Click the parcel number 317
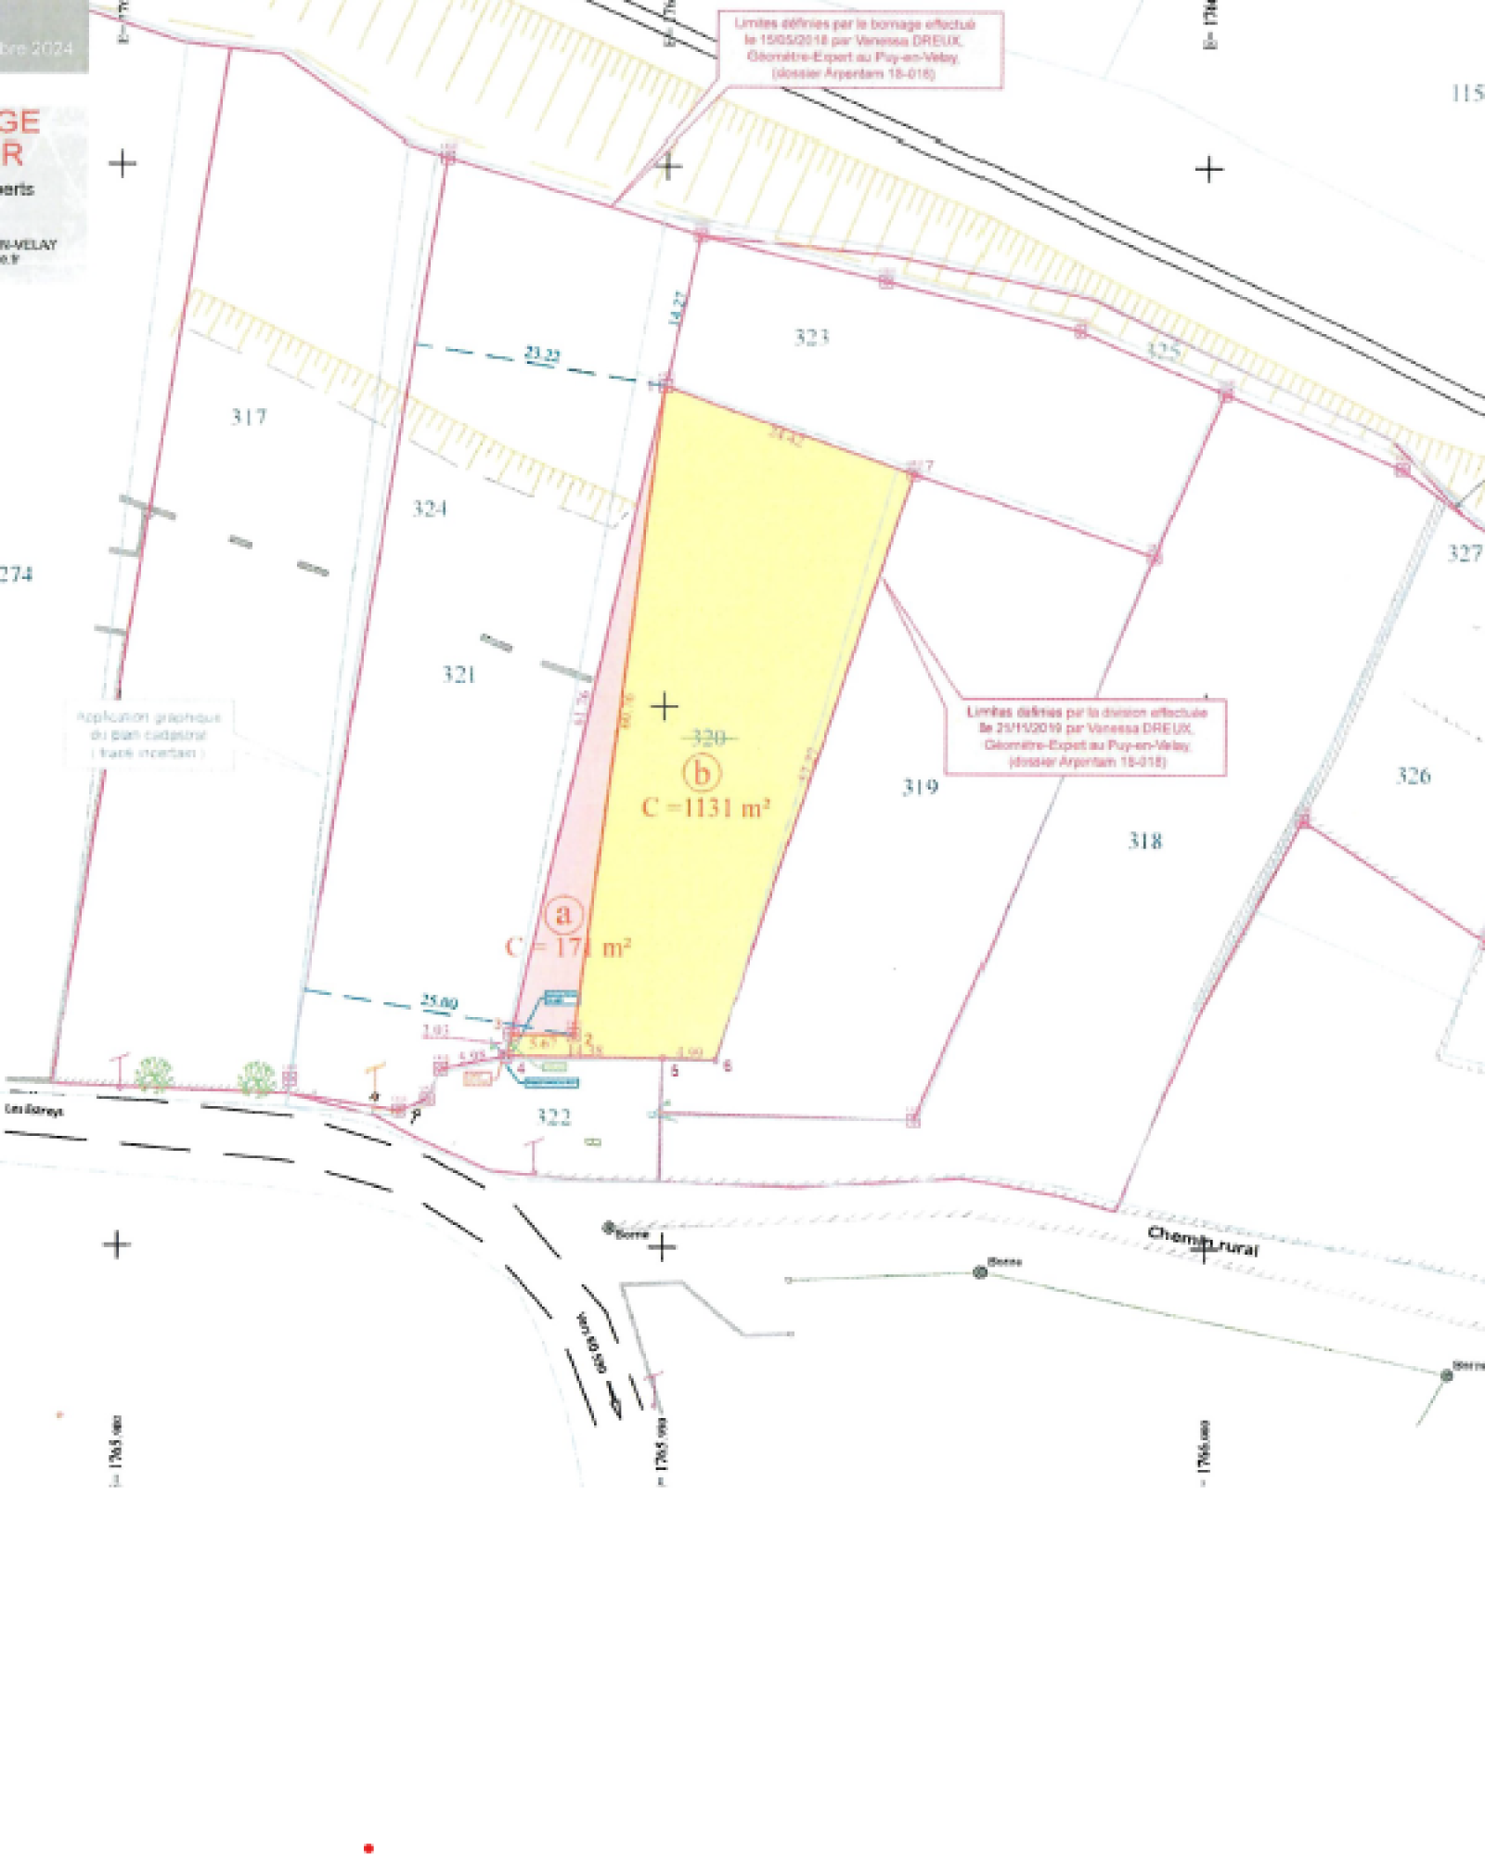249,417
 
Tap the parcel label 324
430,508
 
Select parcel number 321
458,674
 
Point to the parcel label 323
811,337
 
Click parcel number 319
920,787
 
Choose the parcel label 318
1144,841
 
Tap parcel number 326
1413,776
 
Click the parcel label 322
553,1116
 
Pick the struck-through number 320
708,739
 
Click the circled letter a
563,915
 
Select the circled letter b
702,772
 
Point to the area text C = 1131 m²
705,808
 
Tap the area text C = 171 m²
568,947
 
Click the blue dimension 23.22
542,354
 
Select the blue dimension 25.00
439,1001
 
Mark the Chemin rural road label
1203,1241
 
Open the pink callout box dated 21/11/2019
1085,737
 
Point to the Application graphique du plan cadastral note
148,735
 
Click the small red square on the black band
368,1849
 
